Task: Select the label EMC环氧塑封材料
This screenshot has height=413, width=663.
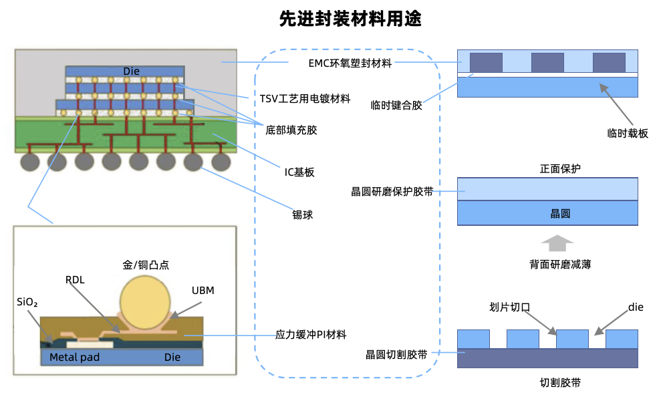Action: (350, 63)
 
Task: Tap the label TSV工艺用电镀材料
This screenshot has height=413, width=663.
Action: (305, 99)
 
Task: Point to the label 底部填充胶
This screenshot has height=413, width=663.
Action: (291, 130)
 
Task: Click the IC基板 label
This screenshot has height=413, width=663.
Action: (299, 172)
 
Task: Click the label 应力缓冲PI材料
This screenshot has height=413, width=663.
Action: (311, 334)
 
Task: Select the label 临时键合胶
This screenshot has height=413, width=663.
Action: (396, 105)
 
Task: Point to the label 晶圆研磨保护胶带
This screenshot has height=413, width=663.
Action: (392, 192)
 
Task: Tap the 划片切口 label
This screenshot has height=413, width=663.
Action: (509, 307)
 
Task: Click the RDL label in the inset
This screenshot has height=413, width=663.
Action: (75, 280)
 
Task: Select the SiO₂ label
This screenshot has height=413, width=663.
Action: (27, 302)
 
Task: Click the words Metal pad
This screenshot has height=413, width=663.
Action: (74, 358)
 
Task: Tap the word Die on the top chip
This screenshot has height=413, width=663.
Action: (132, 71)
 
